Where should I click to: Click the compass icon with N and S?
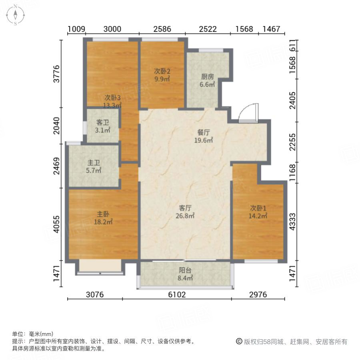[15, 15]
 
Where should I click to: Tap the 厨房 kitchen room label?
[208, 77]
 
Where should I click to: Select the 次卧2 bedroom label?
[162, 71]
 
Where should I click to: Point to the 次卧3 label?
[112, 97]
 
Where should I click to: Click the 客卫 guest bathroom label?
[103, 123]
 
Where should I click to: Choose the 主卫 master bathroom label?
[94, 163]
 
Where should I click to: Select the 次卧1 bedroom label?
[258, 208]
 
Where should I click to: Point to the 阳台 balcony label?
[186, 269]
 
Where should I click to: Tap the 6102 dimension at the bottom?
[176, 295]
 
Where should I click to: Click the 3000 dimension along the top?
[112, 29]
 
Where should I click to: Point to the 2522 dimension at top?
[208, 29]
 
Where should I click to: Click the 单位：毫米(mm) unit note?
[33, 334]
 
